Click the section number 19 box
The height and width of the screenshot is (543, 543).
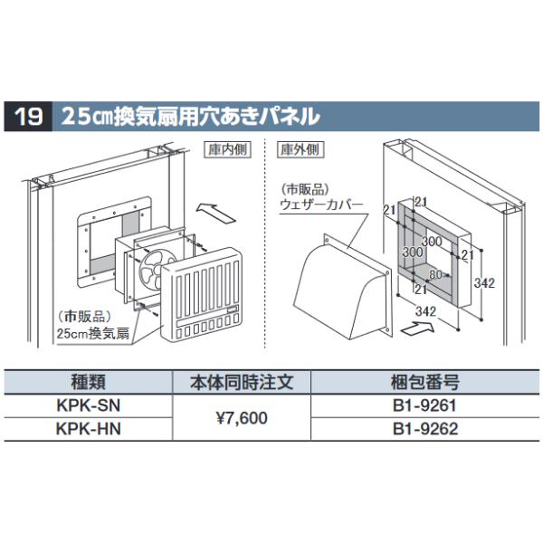(x=29, y=117)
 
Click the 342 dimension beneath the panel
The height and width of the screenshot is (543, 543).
(x=418, y=311)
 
